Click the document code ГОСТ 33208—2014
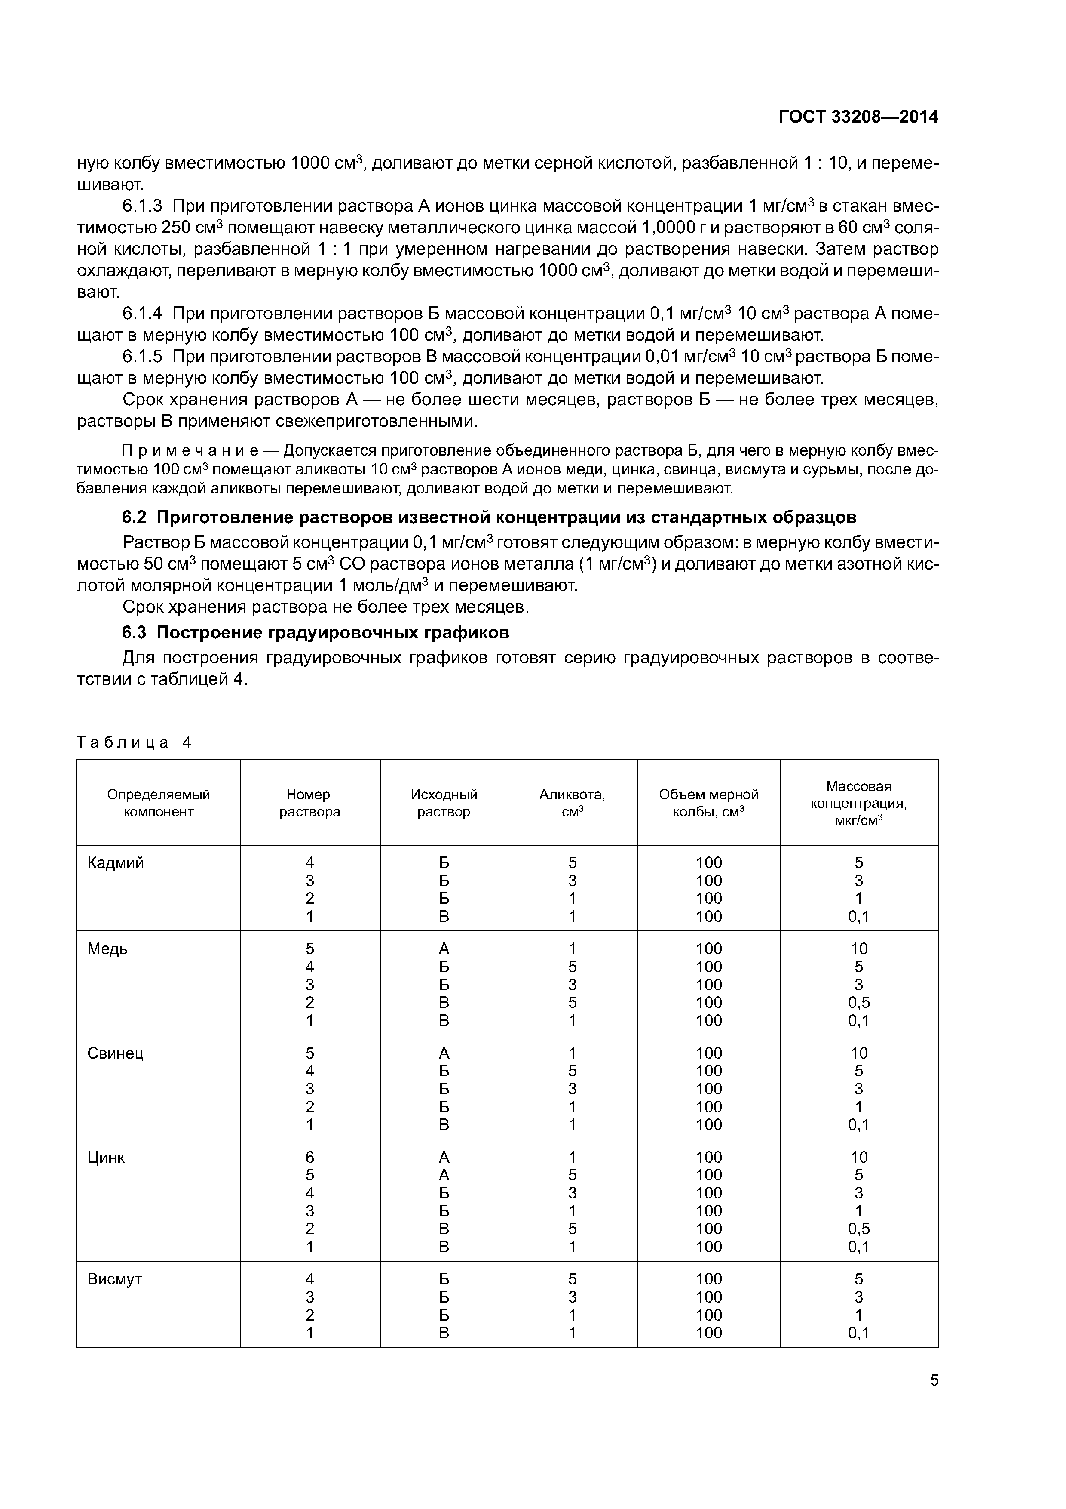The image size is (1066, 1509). (x=858, y=117)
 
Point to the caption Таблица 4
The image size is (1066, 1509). (x=134, y=742)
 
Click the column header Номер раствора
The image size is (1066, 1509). (x=309, y=803)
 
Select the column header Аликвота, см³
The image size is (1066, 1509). (x=572, y=803)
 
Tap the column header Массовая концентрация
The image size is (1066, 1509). (x=858, y=803)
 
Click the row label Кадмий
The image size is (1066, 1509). (x=116, y=863)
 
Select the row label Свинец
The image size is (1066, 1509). (x=116, y=1053)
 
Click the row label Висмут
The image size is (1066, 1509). (x=114, y=1279)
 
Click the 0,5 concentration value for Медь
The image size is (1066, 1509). (x=858, y=1003)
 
